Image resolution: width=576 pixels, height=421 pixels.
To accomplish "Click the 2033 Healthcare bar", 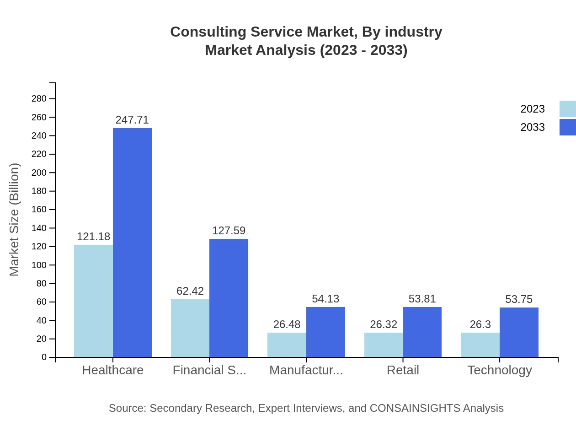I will (x=132, y=243).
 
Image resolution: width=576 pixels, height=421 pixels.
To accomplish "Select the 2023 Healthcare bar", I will (x=93, y=301).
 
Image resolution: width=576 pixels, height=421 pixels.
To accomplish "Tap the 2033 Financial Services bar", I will (x=229, y=298).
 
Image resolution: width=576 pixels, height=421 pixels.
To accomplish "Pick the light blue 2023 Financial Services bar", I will (x=190, y=328).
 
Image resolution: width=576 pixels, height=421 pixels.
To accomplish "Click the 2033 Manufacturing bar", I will (x=325, y=332).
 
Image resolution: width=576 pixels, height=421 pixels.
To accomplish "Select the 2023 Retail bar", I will (x=384, y=345).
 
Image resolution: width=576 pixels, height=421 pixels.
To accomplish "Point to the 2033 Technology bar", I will (x=519, y=332).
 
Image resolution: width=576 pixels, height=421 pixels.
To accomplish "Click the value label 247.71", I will (x=132, y=120).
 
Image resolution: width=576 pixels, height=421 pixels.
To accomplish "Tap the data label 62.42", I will (x=190, y=291).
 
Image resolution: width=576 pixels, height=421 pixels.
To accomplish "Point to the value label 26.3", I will (x=480, y=324).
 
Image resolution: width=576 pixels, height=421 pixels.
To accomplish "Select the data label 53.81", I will (x=422, y=299).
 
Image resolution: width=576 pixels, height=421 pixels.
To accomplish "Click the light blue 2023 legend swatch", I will (x=567, y=109).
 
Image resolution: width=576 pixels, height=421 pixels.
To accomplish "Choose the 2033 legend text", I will (x=533, y=127).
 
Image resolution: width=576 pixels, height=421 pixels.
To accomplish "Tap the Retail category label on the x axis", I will (x=403, y=370).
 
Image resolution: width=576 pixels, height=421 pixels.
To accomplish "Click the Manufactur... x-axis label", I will (x=306, y=370).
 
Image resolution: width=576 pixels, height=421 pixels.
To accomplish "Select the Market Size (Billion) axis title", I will (x=15, y=220).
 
